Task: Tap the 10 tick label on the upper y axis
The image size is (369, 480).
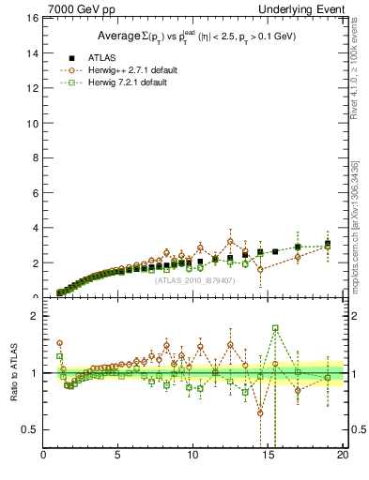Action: pos(32,123)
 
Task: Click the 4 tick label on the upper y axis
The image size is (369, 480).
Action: pos(34,228)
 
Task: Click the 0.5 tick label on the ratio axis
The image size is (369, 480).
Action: pos(30,429)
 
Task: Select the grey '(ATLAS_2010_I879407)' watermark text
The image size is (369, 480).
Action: pos(195,279)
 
